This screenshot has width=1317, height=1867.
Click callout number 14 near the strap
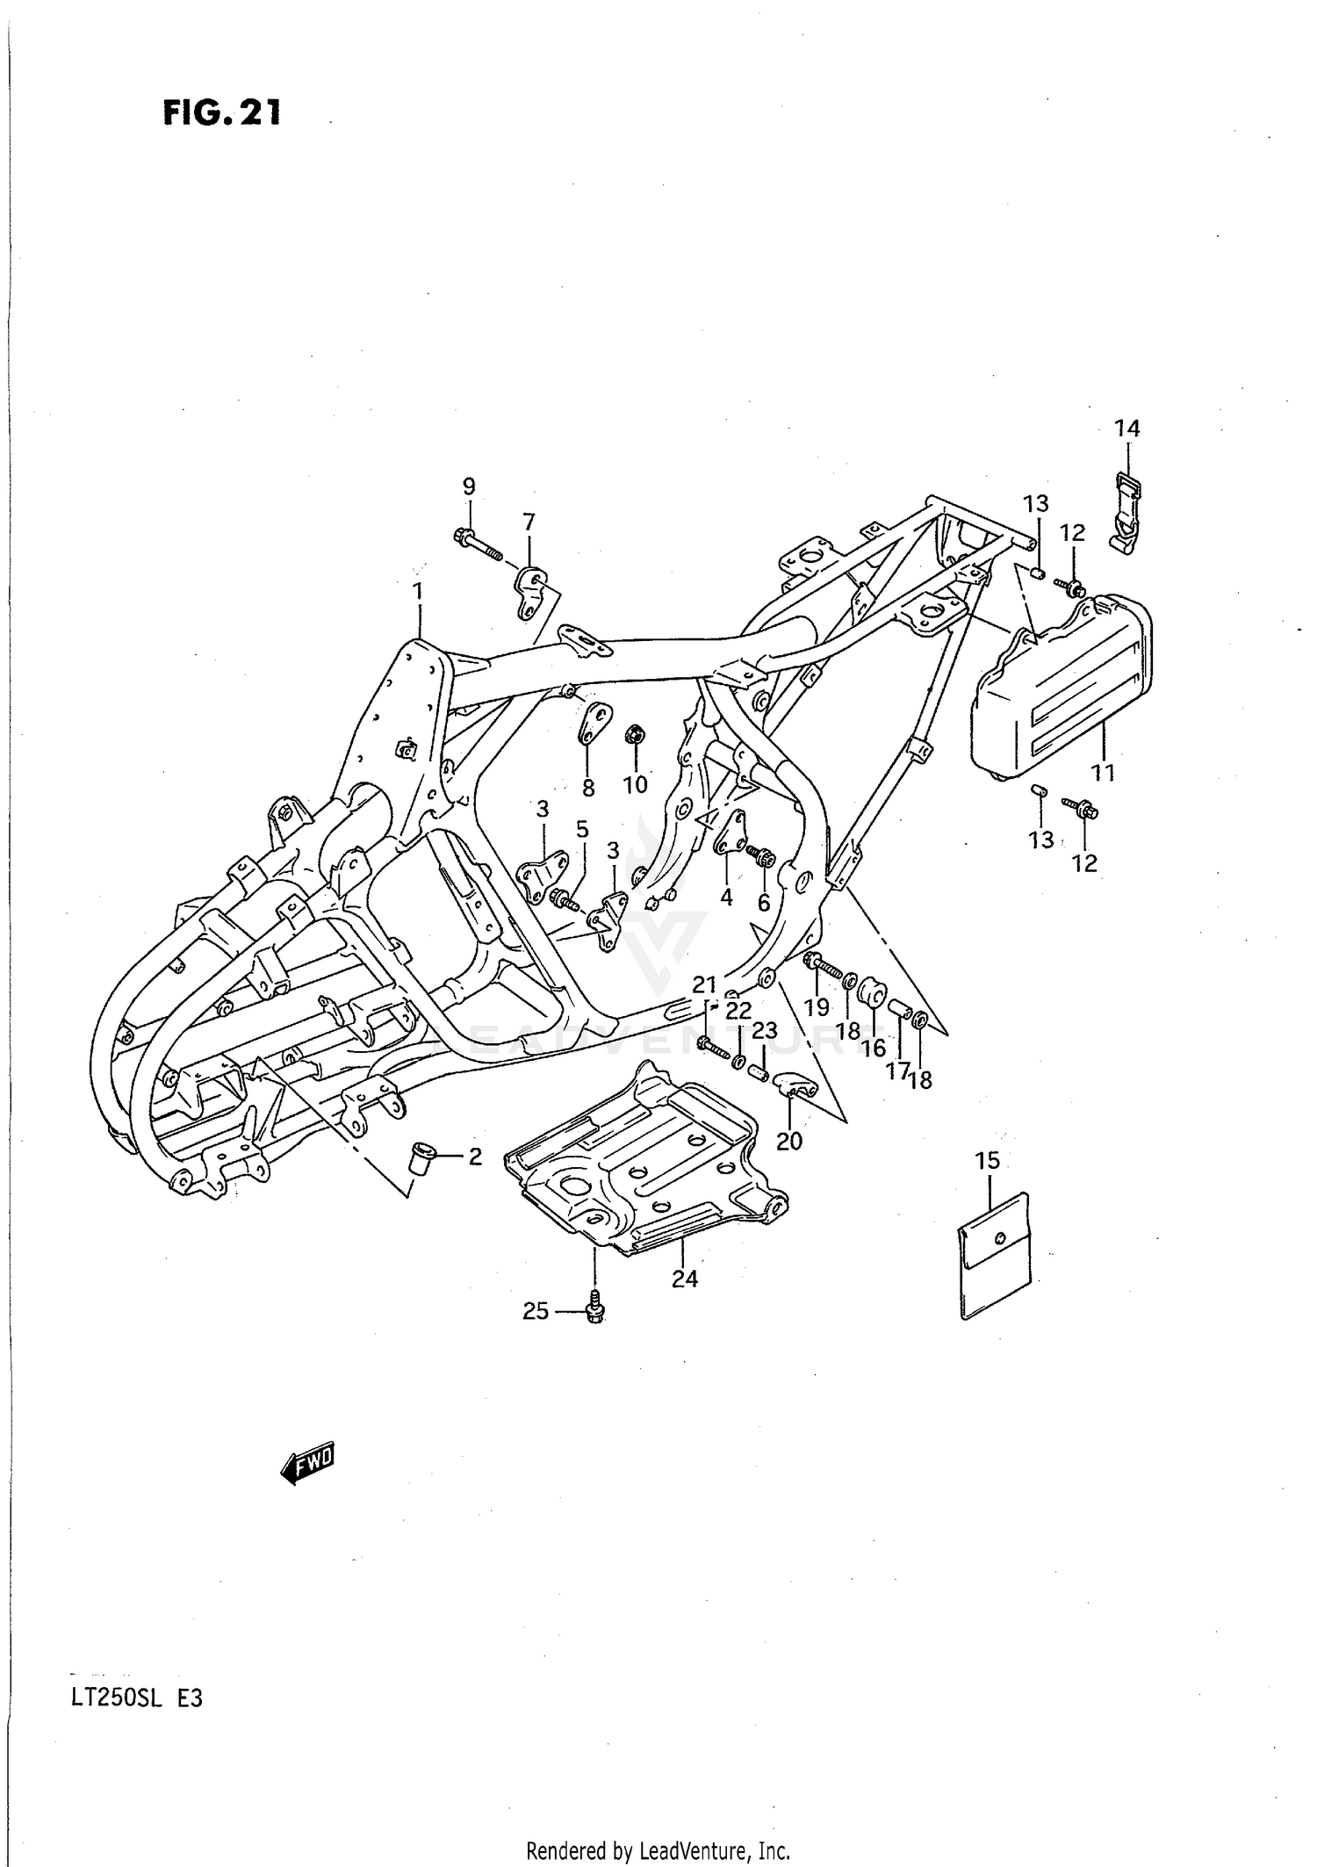1127,428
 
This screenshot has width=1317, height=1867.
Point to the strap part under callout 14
1126,511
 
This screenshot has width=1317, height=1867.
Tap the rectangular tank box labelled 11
1062,685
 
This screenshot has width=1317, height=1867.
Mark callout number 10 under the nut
635,784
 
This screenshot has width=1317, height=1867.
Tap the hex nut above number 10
633,733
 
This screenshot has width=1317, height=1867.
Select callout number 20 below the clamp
789,1141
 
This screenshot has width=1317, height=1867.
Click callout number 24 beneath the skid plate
685,1279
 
